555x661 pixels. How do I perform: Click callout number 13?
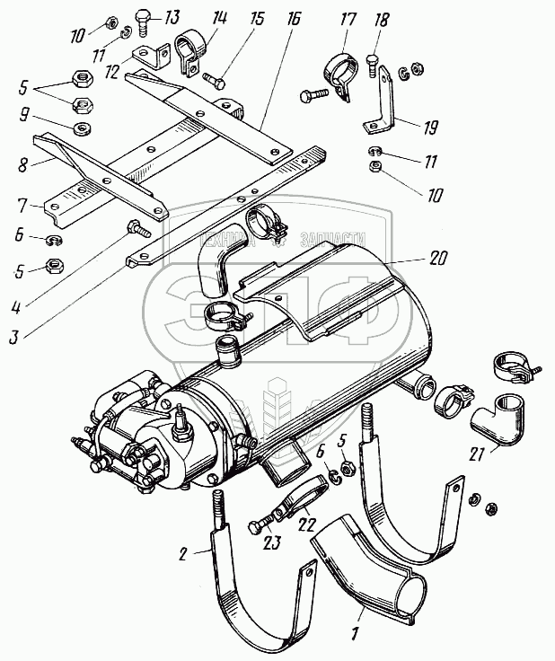[171, 16]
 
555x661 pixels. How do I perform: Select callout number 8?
[22, 166]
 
